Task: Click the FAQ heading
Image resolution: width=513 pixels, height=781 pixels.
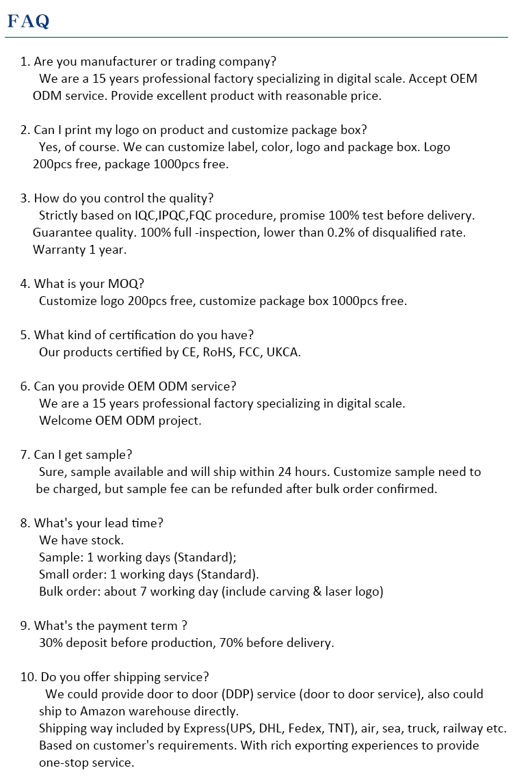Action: click(x=28, y=21)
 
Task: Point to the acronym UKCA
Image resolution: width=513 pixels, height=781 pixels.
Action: click(x=283, y=352)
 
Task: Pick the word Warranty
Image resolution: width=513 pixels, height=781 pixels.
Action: click(x=60, y=250)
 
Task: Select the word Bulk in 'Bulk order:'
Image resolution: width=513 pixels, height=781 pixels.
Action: click(x=52, y=592)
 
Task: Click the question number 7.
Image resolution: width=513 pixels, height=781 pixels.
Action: click(x=25, y=455)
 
